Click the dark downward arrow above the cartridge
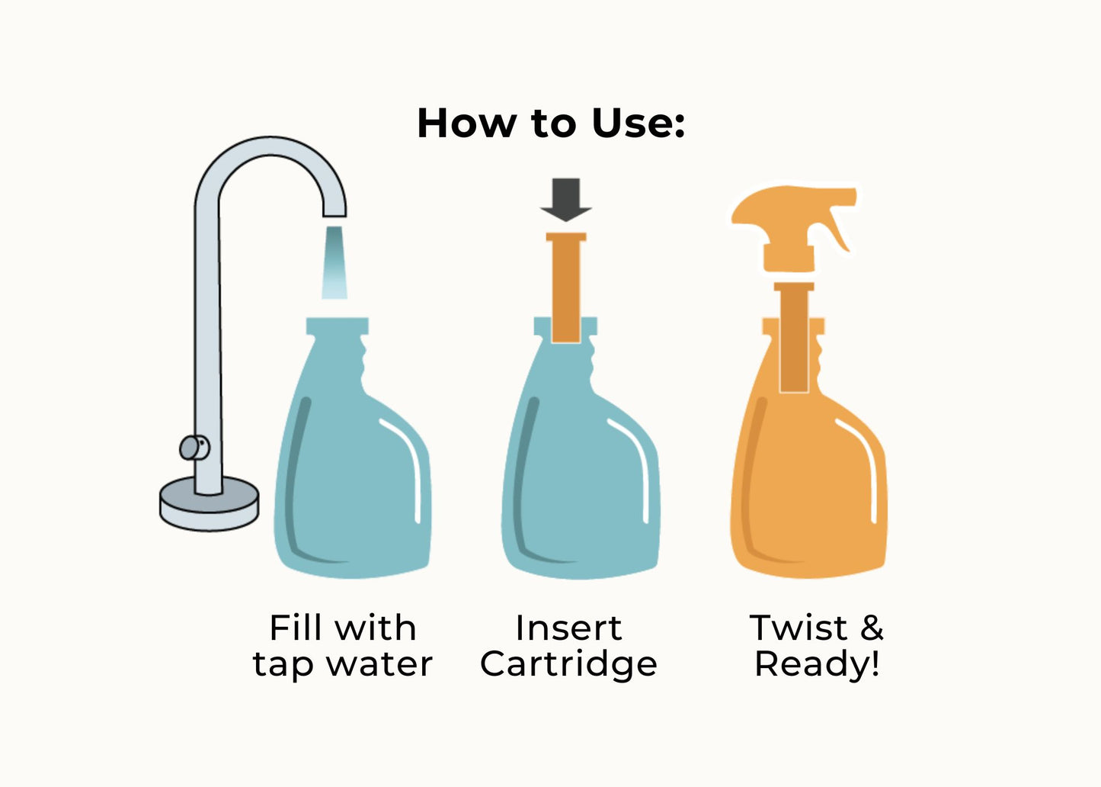pos(565,200)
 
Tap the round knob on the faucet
pos(194,448)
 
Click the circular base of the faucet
pos(210,503)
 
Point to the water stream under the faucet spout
pos(334,262)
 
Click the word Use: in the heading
pos(638,123)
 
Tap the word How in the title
pos(466,123)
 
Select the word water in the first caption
pos(380,664)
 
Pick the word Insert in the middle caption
pos(568,628)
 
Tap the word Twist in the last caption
pos(799,628)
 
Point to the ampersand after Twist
pos(872,628)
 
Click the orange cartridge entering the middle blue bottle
pos(566,287)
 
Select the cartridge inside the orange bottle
pos(794,337)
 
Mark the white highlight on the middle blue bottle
pos(634,467)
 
